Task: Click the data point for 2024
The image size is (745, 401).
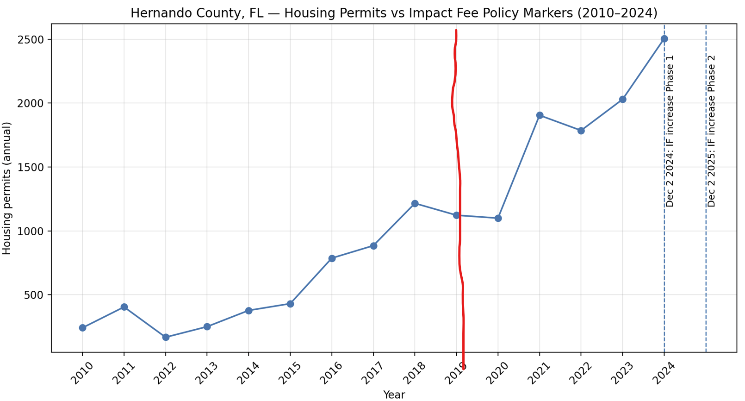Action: [x=664, y=39]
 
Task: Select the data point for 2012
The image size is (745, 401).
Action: [x=166, y=338]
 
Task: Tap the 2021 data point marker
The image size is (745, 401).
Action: [x=540, y=115]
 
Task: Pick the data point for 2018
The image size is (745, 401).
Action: [x=415, y=204]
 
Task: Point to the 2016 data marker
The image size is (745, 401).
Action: [x=332, y=258]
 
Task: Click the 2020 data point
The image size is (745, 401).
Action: [x=498, y=218]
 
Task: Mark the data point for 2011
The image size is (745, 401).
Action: [x=124, y=307]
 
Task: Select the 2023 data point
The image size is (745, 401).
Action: [x=622, y=100]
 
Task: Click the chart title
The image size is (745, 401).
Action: [x=394, y=13]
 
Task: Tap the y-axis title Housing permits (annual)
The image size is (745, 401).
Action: [x=7, y=188]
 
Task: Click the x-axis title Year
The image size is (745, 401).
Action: [x=394, y=395]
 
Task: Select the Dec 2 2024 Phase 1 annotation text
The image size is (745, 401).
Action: [x=670, y=131]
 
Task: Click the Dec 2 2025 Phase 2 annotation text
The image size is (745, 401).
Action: [x=711, y=131]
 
